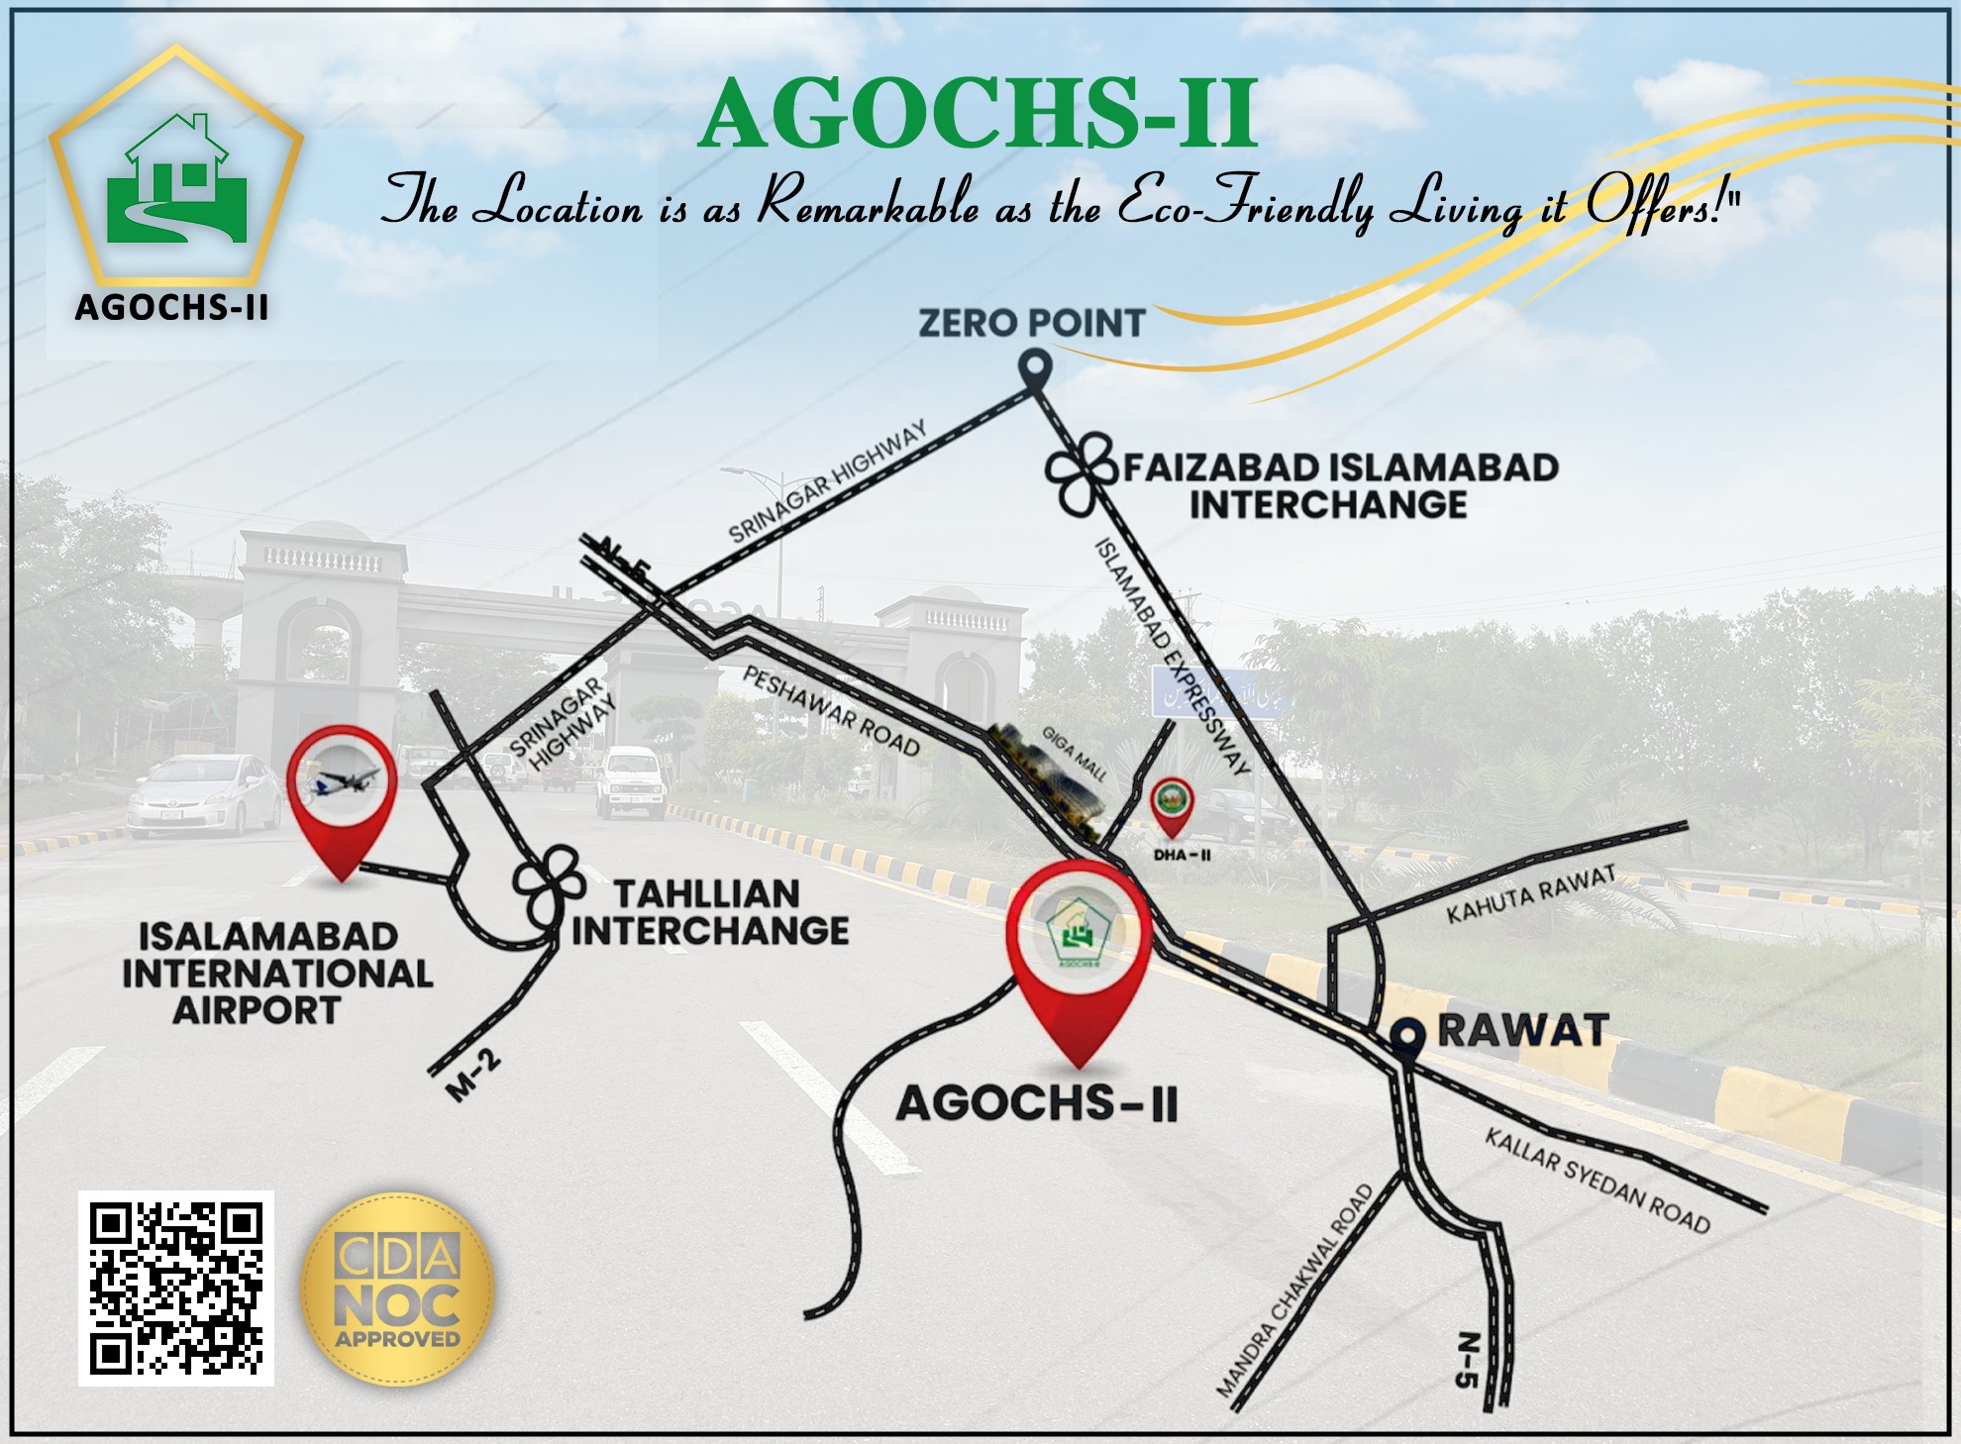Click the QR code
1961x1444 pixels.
(175, 1288)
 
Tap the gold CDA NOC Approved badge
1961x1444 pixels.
(397, 1289)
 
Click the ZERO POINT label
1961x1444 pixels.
(1031, 323)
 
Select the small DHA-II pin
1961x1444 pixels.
(1173, 806)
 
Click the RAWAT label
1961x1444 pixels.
(1522, 1031)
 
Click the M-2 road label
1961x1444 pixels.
(474, 1078)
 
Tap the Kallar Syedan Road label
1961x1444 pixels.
(1597, 1181)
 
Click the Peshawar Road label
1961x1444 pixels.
(831, 710)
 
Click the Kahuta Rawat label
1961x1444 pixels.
(1530, 894)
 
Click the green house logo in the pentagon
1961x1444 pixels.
(176, 179)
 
